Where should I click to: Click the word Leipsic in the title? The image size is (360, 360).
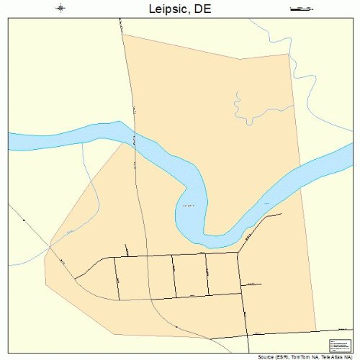click(169, 9)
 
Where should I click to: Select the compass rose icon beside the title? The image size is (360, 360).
click(60, 9)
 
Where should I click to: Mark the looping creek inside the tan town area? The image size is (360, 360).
click(241, 108)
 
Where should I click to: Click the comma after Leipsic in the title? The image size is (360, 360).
click(192, 13)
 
